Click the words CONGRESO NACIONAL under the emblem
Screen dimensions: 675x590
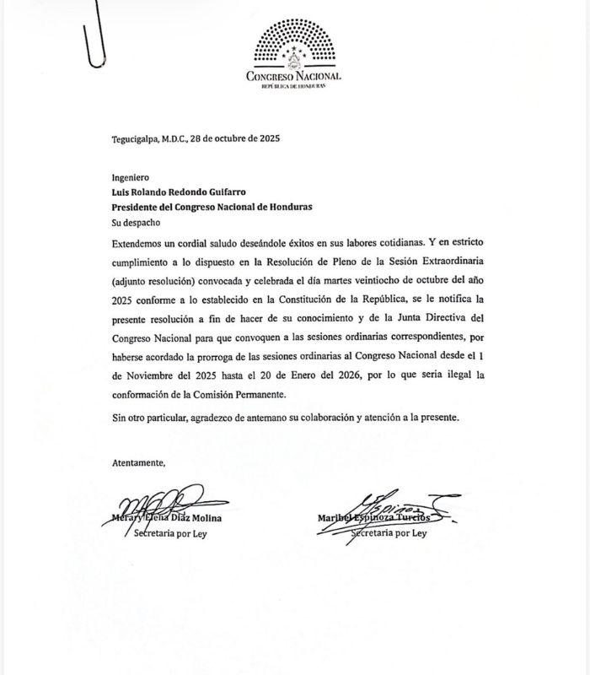pos(293,76)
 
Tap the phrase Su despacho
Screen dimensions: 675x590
pos(136,224)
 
